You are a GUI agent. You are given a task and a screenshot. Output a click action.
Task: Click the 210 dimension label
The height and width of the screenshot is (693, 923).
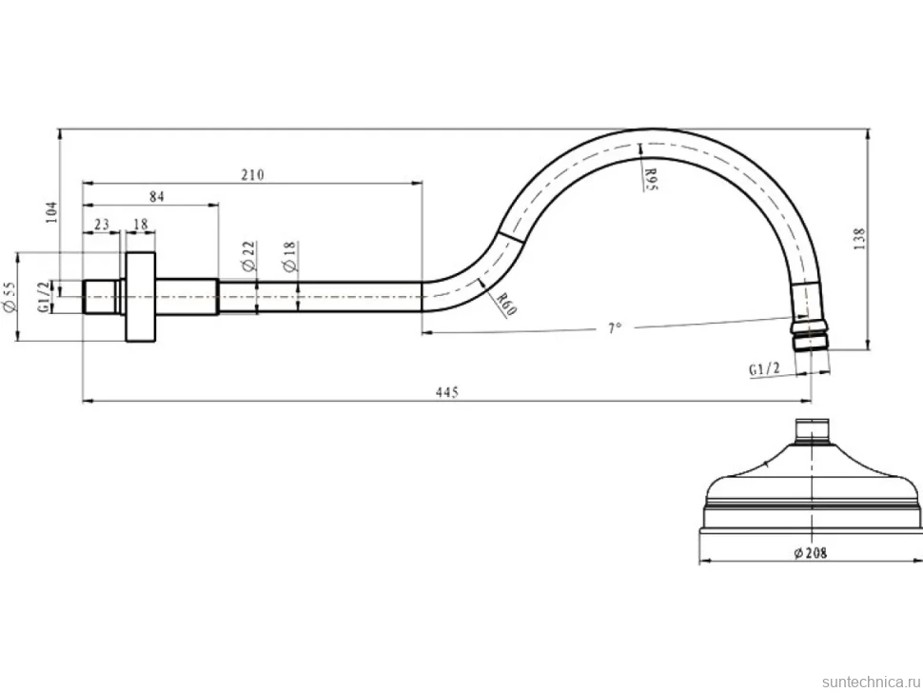(252, 175)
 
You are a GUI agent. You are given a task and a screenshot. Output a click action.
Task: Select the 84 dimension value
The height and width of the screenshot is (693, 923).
(157, 197)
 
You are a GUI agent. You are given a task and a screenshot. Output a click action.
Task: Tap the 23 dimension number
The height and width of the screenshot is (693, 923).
(101, 225)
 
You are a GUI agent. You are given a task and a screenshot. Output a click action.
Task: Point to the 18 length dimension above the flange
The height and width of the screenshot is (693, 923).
(141, 225)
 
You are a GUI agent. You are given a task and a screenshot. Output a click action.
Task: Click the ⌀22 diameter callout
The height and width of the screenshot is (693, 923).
(249, 255)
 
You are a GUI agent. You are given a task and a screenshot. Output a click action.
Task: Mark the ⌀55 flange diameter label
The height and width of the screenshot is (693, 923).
(9, 297)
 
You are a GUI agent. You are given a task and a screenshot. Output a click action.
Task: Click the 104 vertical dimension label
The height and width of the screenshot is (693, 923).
(52, 212)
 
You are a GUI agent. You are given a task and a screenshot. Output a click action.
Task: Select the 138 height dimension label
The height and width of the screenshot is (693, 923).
(859, 239)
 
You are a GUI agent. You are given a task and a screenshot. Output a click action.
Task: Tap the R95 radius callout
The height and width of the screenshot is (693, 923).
(651, 178)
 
